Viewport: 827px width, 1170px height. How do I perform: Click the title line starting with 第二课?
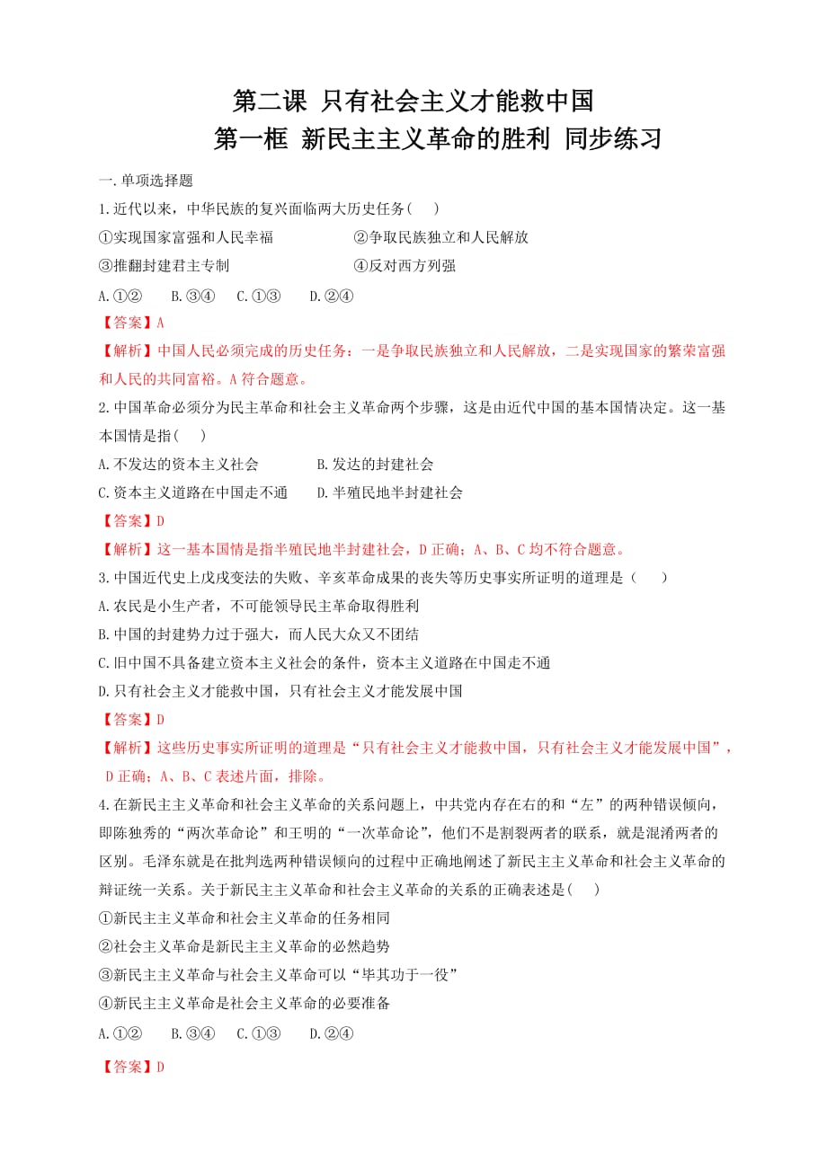413,100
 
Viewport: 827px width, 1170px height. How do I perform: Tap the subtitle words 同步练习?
614,140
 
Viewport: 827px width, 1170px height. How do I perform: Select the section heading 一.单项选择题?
147,181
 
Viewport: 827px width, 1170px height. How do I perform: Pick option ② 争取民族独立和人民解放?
440,237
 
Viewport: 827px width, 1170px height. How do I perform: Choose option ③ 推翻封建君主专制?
165,266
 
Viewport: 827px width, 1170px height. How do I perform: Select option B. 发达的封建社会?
375,465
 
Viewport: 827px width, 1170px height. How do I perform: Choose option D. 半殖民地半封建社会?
389,492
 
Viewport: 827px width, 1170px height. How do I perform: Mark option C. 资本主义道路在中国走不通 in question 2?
192,492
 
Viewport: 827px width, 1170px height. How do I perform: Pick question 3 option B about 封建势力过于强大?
259,634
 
